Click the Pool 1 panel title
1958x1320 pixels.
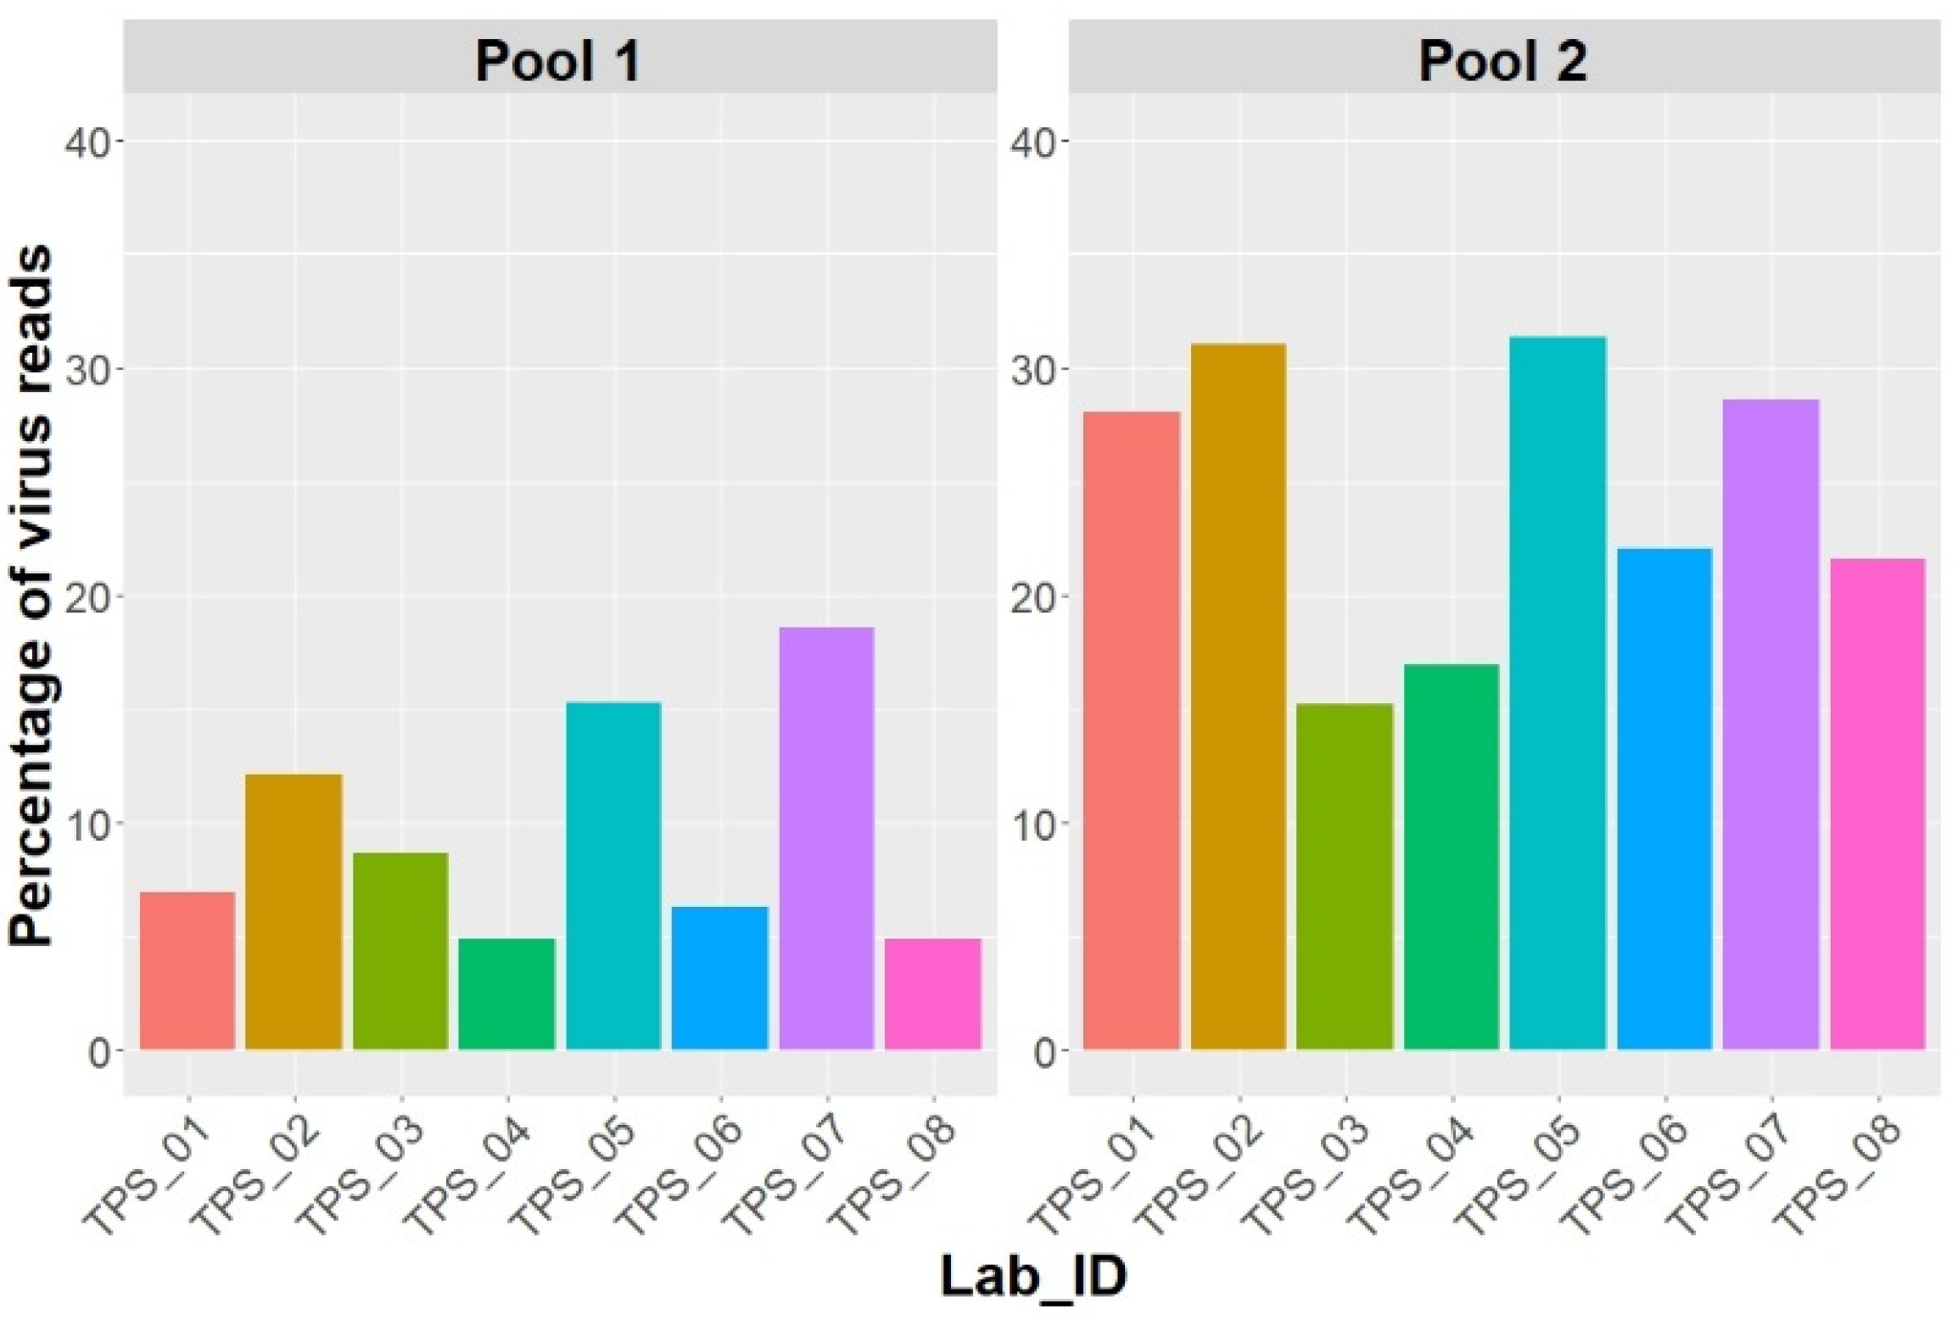point(557,61)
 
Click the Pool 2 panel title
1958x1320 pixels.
point(1502,61)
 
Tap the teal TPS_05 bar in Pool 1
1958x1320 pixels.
point(613,875)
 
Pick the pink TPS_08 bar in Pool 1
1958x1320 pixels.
point(932,993)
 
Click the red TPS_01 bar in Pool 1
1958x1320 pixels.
point(187,970)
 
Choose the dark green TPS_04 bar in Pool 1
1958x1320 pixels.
point(506,993)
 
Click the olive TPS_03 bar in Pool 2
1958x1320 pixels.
point(1345,876)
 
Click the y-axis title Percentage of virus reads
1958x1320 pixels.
point(32,594)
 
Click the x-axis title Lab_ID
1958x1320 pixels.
point(1033,1276)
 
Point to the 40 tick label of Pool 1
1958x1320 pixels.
point(88,142)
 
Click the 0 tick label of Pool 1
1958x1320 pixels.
point(100,1052)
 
